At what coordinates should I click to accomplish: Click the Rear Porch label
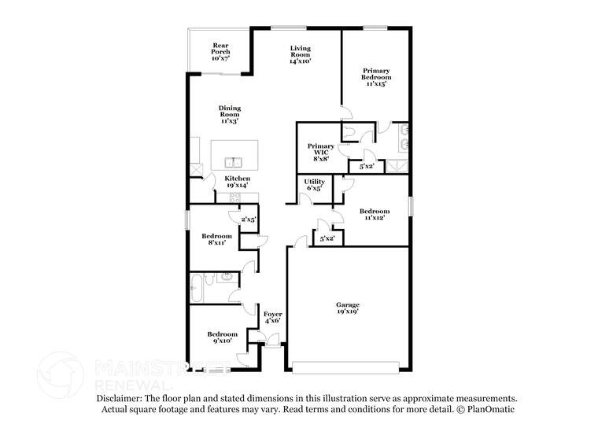pyautogui.click(x=221, y=52)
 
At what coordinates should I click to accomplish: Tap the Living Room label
pyautogui.click(x=300, y=54)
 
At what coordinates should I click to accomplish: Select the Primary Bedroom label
pyautogui.click(x=375, y=76)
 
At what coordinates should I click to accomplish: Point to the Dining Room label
pyautogui.click(x=230, y=114)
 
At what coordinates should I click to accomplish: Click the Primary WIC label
pyautogui.click(x=320, y=152)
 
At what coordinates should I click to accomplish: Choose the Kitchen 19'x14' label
pyautogui.click(x=237, y=182)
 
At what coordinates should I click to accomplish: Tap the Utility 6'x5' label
pyautogui.click(x=314, y=185)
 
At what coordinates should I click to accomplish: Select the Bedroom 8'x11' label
pyautogui.click(x=216, y=240)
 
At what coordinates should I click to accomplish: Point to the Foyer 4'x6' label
pyautogui.click(x=272, y=318)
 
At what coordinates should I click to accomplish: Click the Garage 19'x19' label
pyautogui.click(x=347, y=308)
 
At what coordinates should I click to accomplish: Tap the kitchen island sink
pyautogui.click(x=232, y=163)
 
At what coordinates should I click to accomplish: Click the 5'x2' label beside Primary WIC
pyautogui.click(x=367, y=166)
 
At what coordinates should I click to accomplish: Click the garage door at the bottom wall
pyautogui.click(x=346, y=366)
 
